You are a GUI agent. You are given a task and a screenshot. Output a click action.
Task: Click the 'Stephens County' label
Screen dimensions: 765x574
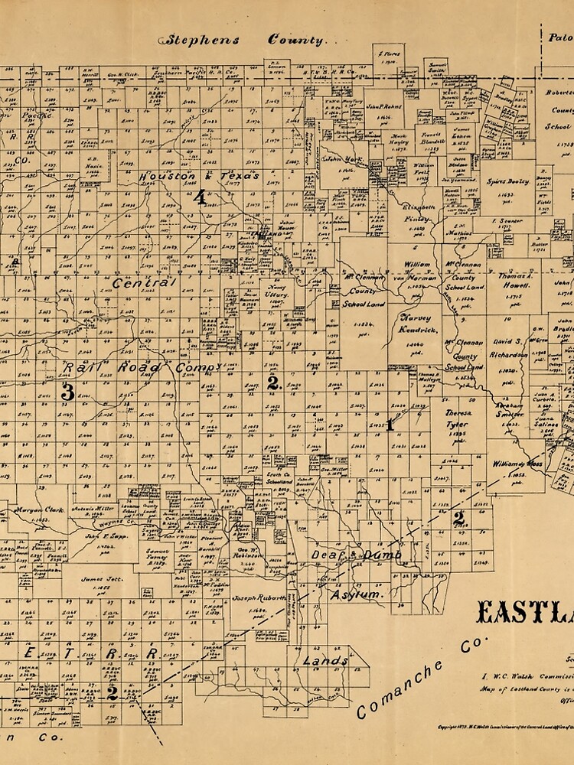tap(243, 41)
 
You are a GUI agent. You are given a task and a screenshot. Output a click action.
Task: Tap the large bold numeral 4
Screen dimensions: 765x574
tap(201, 199)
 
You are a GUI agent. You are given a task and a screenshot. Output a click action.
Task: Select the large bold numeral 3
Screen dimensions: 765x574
tap(67, 392)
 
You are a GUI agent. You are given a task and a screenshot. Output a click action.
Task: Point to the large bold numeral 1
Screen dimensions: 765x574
tap(390, 424)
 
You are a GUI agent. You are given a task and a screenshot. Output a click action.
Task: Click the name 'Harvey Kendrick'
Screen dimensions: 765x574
tap(417, 324)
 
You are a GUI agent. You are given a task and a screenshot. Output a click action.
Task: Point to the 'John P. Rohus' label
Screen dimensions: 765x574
tap(383, 106)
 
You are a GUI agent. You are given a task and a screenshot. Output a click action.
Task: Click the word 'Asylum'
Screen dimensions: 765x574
tap(355, 594)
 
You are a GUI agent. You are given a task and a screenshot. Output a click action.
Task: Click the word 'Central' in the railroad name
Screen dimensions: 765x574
tap(145, 283)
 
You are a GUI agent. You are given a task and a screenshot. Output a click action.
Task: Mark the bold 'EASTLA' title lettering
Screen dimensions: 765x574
tap(525, 614)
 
